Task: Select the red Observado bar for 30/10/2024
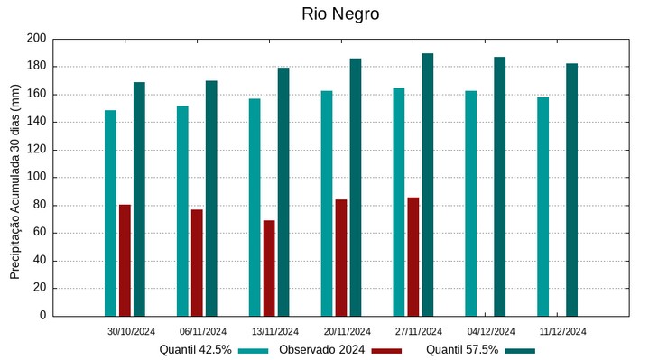point(125,260)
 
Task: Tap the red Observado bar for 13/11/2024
point(269,268)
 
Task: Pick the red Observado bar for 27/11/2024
point(413,256)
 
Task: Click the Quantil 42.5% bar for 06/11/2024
point(182,211)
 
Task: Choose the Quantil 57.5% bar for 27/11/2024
point(428,185)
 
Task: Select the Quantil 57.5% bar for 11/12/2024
point(572,189)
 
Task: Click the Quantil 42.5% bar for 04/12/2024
point(471,203)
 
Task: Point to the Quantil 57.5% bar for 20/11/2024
point(356,187)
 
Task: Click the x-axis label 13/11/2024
point(275,331)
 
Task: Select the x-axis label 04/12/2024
point(491,331)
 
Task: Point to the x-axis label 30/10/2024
point(132,331)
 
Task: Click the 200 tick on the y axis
point(36,39)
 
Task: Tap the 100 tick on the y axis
point(36,178)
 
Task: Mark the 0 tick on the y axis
point(42,316)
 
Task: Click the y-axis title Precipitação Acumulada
point(14,177)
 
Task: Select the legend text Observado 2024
point(321,350)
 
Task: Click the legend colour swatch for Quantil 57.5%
point(520,350)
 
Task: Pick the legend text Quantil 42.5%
point(196,350)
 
